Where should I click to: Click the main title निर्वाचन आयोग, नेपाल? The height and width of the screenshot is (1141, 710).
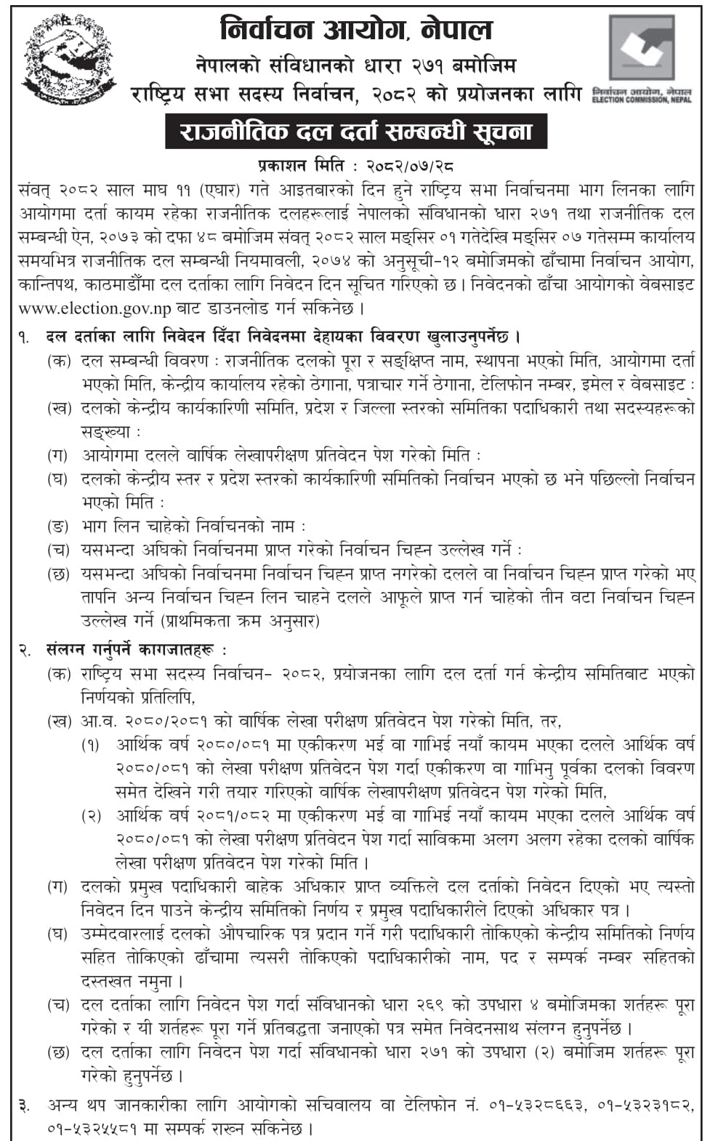pos(356,30)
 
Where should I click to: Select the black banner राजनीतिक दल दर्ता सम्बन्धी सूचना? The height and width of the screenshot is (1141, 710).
pos(355,132)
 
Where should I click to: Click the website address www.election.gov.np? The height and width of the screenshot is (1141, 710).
pos(94,308)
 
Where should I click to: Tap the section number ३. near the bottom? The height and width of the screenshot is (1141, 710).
pos(25,1105)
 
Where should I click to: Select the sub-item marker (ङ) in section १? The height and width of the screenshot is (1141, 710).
pos(57,526)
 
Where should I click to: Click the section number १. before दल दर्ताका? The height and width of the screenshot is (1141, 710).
pos(25,337)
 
